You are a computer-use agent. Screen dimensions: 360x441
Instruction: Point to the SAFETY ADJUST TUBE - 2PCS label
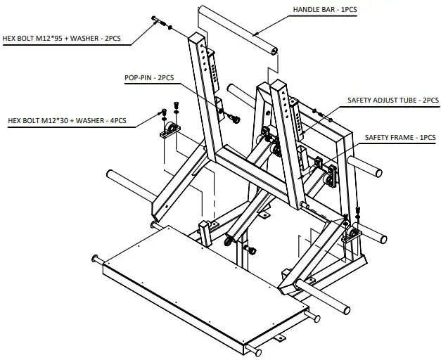pos(391,101)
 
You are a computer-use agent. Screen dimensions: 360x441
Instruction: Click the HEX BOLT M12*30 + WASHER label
pos(68,120)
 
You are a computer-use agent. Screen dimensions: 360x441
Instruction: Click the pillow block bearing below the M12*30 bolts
pos(171,131)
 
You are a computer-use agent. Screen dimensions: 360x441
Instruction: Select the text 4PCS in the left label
pos(115,120)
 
